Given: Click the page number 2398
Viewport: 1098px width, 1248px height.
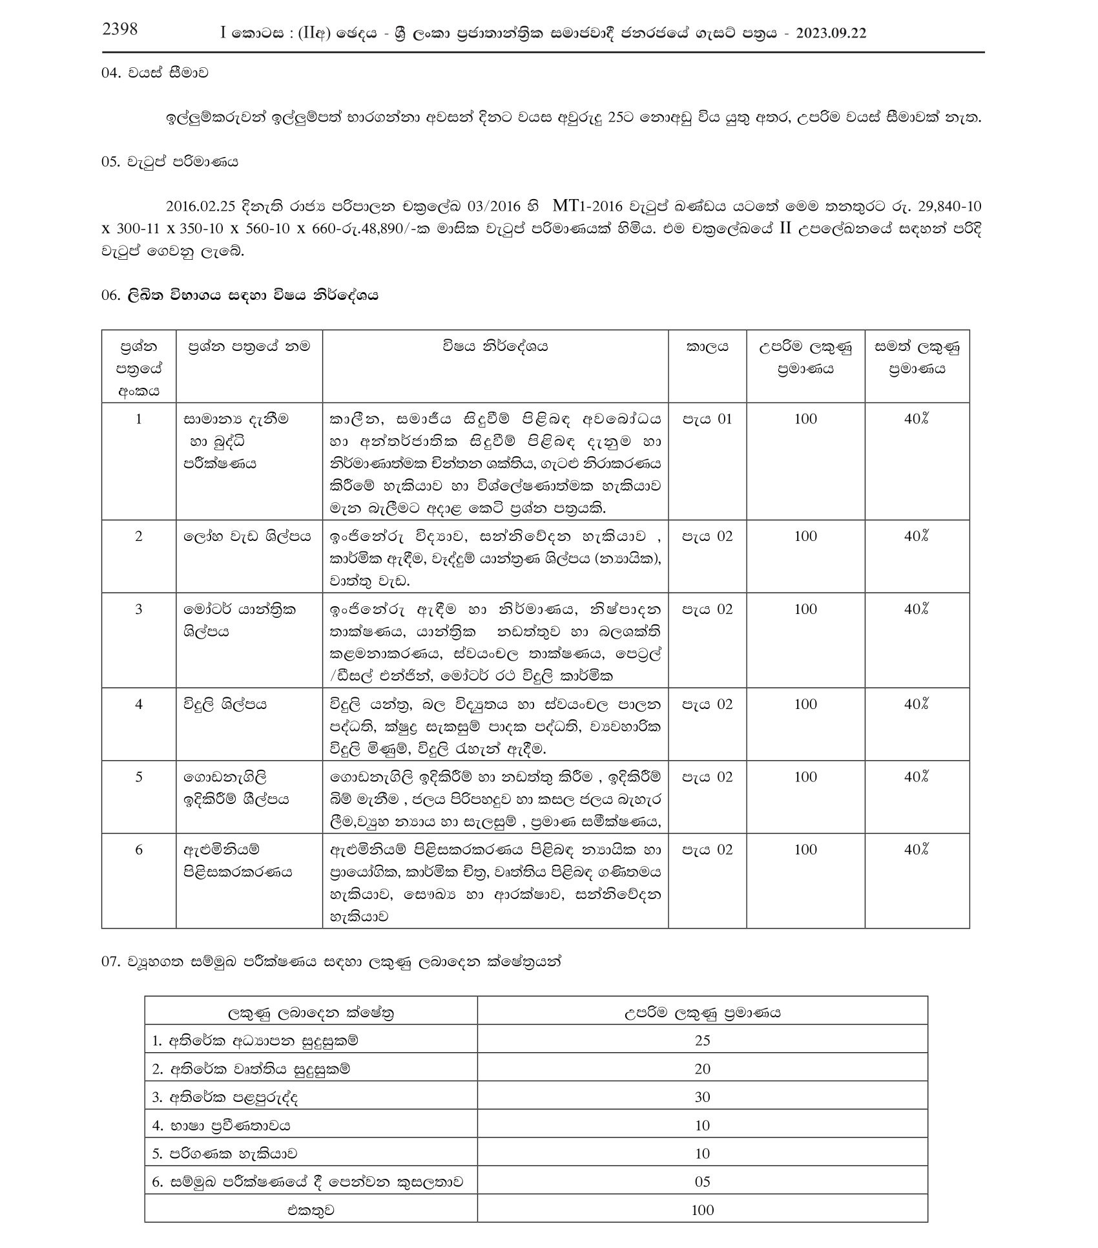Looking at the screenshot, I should [119, 29].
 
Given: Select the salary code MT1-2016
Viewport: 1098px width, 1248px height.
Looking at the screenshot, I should [588, 207].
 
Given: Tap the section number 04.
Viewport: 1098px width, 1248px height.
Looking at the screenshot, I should [110, 73].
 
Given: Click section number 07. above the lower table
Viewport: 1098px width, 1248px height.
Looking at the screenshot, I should [110, 961].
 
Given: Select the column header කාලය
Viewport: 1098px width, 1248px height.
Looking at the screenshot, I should [707, 347].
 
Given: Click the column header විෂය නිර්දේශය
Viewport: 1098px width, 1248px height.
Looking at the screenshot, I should [495, 347].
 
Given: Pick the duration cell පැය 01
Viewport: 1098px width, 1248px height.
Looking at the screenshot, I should [708, 419].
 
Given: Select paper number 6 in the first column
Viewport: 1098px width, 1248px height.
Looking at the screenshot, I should [138, 850].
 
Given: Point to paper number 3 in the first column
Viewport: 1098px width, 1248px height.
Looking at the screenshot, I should [138, 609].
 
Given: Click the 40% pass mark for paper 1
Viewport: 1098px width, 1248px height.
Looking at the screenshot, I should [917, 419].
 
